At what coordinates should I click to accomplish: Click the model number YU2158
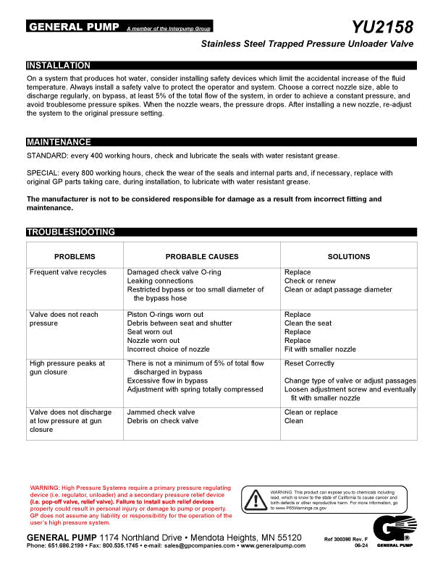coord(383,27)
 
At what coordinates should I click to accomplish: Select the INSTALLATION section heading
coord(59,65)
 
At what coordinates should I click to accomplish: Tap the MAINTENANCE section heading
coord(59,142)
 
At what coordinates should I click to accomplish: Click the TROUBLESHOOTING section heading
coord(70,232)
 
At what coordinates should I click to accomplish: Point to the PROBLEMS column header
coord(75,257)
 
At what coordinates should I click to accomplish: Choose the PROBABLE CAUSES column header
coord(202,257)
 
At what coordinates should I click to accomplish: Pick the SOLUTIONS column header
coord(348,257)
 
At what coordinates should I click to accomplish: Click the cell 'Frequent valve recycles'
coord(67,273)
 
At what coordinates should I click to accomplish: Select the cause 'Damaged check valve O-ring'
coord(174,273)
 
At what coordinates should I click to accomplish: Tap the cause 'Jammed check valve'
coord(161,412)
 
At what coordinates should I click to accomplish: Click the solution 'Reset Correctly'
coord(309,364)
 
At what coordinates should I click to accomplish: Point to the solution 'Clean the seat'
coord(308,323)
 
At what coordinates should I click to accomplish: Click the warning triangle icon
coord(255,498)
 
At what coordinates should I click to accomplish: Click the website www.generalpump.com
coord(273,546)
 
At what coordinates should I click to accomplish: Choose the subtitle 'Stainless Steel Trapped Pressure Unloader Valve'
coord(307,45)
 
